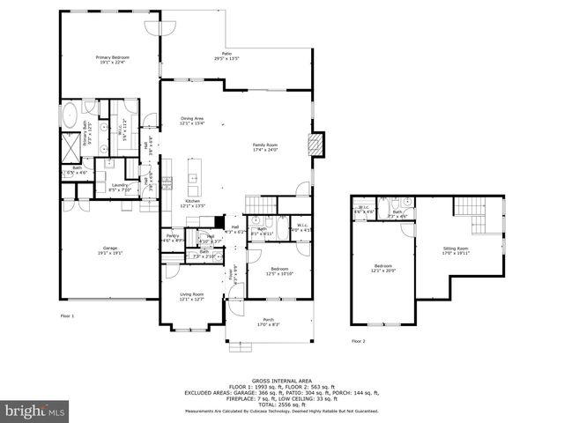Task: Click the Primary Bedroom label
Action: click(112, 57)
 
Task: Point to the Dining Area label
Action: click(192, 118)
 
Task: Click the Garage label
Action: click(110, 248)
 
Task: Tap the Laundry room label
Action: click(120, 186)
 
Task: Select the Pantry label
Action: click(173, 235)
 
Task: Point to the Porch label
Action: click(269, 320)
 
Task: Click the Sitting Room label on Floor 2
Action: click(456, 248)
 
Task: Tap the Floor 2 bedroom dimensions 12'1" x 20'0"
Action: click(382, 270)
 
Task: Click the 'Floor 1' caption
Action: click(67, 315)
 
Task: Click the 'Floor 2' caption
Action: click(358, 340)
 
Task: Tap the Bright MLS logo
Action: click(34, 411)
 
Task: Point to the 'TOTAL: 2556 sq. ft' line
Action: click(281, 404)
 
